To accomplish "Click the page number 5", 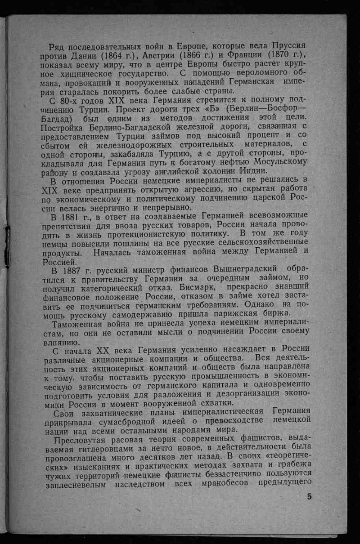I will point(309,497).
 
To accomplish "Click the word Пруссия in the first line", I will point(286,46).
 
